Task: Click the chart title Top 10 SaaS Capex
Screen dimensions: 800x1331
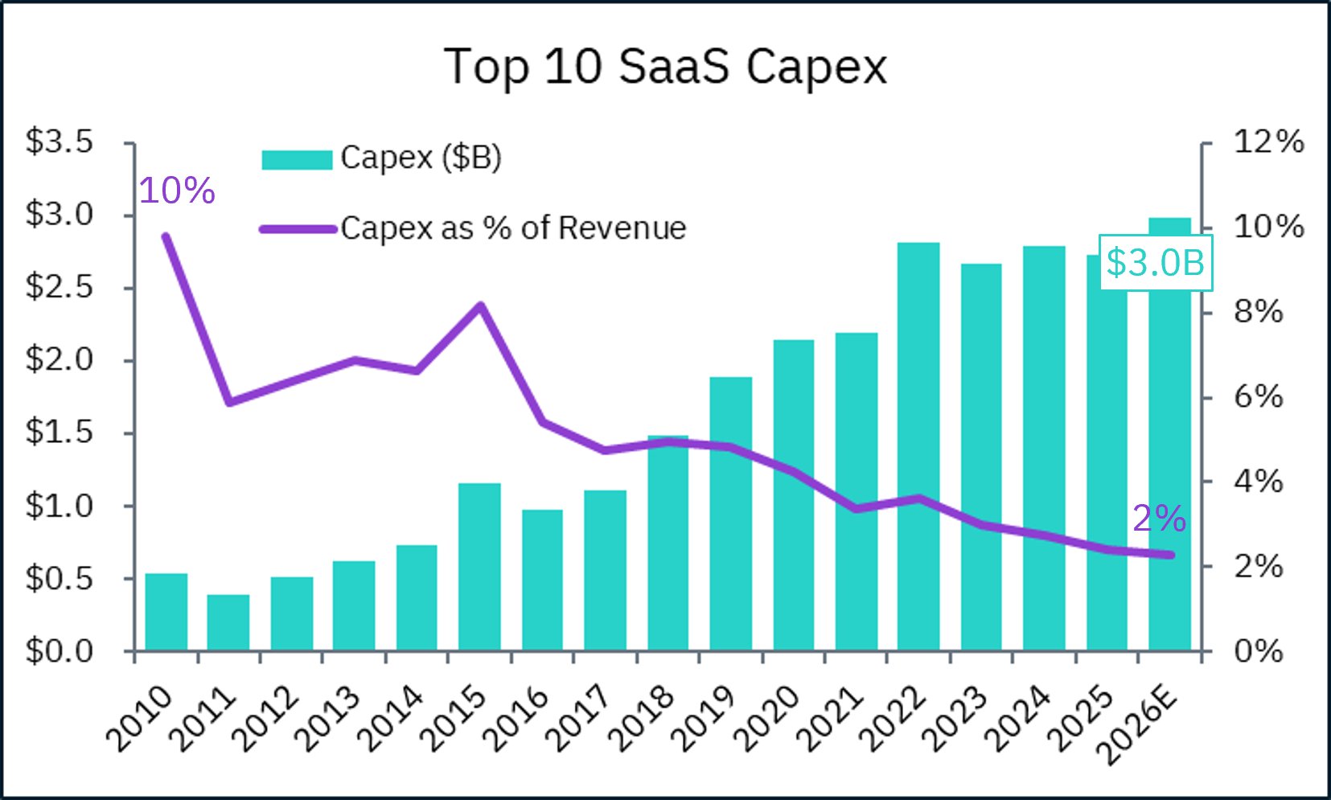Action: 665,66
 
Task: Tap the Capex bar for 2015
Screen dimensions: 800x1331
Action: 479,566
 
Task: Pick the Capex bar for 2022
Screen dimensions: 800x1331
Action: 918,446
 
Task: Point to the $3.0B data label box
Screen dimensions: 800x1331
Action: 1156,263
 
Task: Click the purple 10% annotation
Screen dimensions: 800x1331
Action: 177,191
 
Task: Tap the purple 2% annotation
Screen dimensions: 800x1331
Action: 1159,519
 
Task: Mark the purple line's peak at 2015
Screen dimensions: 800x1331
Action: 480,306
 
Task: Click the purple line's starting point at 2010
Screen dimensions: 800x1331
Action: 166,236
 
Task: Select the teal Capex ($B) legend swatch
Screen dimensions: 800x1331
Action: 297,159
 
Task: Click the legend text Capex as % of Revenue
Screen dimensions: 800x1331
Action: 513,228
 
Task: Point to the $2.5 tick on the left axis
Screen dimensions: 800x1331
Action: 60,287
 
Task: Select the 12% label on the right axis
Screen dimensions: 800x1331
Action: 1268,142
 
